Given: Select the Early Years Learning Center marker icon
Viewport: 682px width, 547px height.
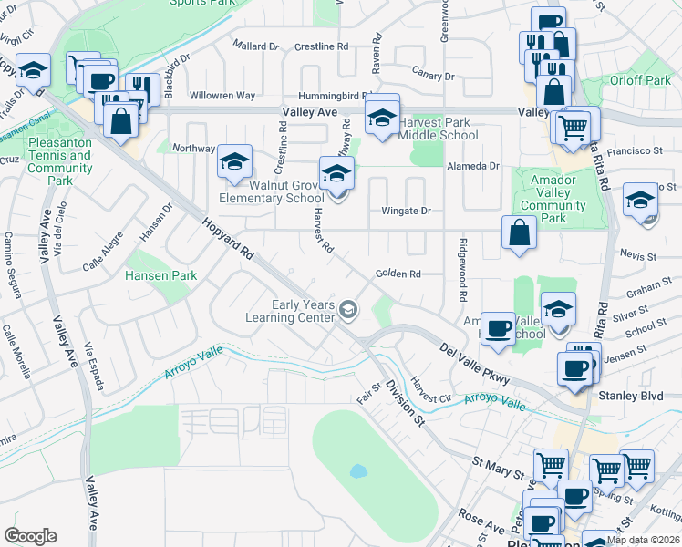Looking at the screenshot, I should pos(347,312).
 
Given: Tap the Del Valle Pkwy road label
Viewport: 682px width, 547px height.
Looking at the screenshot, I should pos(473,365).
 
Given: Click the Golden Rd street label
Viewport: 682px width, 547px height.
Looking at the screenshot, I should pos(397,273).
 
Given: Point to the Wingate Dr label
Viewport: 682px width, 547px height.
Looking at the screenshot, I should pos(405,212).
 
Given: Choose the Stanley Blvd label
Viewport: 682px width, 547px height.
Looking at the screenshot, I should pos(629,396).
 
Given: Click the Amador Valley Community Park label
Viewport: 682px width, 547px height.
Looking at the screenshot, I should pos(553,200).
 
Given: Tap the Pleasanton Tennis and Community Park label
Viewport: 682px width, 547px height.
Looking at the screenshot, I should pos(60,161).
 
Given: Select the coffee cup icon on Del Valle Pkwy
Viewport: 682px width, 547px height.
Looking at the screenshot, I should pos(498,329).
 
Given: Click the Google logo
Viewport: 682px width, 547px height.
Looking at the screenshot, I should pos(30,536).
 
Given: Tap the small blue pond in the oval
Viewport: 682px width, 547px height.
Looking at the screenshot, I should pos(356,472).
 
